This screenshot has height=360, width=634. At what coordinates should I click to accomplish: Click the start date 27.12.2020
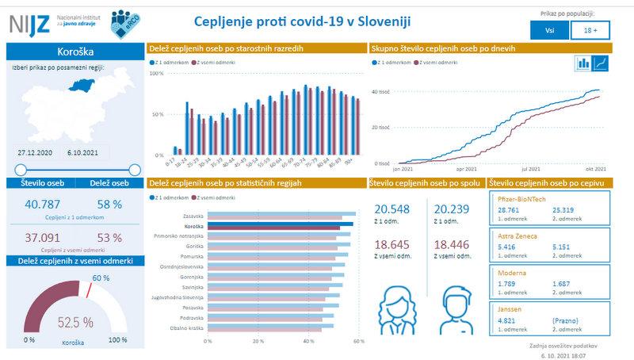pyautogui.click(x=36, y=151)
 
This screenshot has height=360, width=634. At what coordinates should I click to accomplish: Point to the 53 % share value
pyautogui.click(x=109, y=237)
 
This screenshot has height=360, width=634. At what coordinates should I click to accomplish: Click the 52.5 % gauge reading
pyautogui.click(x=75, y=322)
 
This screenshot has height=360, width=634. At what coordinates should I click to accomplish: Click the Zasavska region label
pyautogui.click(x=193, y=215)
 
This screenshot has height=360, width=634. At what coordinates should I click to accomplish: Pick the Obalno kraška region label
pyautogui.click(x=190, y=327)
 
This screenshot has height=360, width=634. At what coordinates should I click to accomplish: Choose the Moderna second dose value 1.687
pyautogui.click(x=567, y=283)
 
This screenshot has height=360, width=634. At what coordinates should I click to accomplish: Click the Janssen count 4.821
pyautogui.click(x=507, y=320)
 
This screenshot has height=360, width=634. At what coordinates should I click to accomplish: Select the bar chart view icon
pyautogui.click(x=584, y=63)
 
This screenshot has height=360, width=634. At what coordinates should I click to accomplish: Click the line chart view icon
pyautogui.click(x=603, y=63)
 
